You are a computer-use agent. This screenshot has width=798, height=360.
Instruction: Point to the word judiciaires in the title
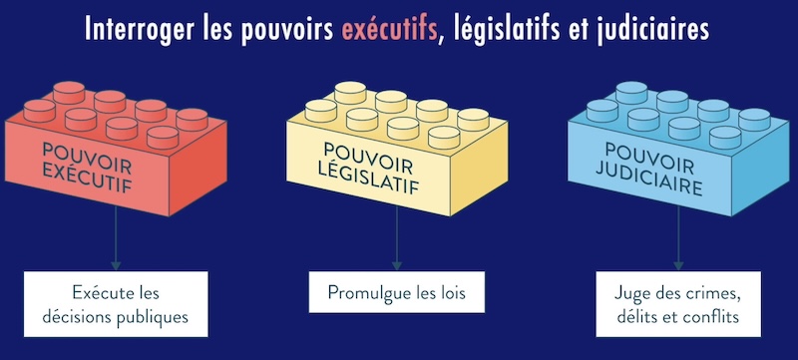tap(652, 30)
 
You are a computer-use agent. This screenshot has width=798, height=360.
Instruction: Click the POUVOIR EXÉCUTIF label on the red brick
tap(87, 168)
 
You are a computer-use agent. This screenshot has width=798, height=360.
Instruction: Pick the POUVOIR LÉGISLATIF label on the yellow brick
tap(368, 168)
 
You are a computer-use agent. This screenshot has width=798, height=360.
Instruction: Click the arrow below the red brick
tap(116, 237)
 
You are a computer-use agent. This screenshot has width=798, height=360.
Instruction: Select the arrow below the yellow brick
tap(397, 237)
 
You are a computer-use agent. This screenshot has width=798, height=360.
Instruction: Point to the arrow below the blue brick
tap(678, 237)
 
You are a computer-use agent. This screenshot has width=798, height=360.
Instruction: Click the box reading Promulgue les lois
tap(397, 292)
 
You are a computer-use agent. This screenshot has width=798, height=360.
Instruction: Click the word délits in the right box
tap(632, 317)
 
